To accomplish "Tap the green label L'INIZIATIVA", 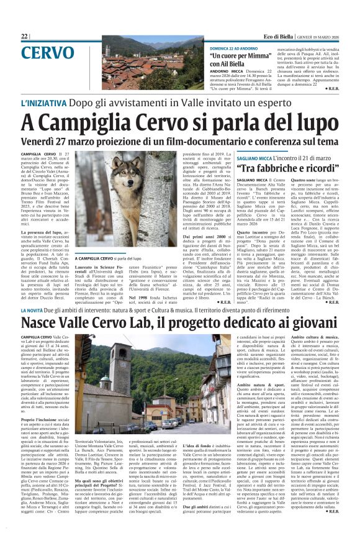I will coord(46,104).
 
